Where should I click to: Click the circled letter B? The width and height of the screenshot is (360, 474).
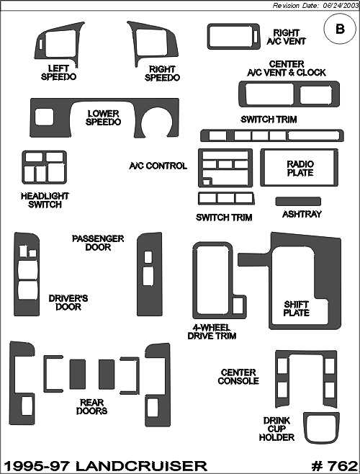click(340, 29)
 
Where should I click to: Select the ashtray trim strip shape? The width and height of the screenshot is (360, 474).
click(298, 201)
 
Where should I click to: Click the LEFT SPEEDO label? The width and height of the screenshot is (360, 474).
click(58, 73)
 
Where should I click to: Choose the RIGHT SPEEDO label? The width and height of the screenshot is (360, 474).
click(162, 73)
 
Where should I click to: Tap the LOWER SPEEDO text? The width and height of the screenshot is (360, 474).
click(103, 118)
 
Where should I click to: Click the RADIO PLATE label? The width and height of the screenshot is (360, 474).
click(300, 169)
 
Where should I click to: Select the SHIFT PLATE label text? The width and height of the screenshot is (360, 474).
click(296, 308)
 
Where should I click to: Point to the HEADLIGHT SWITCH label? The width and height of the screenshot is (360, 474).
click(45, 200)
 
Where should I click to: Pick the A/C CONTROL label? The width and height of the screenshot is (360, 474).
click(158, 166)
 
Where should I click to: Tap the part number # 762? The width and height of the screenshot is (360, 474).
click(335, 466)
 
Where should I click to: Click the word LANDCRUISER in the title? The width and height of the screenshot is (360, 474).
click(141, 466)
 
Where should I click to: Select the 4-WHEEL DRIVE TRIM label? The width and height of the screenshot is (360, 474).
click(212, 331)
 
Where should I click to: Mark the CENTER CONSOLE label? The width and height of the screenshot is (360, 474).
click(238, 377)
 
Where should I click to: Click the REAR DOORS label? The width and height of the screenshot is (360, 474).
click(91, 406)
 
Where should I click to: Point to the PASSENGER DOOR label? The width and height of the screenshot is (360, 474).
click(98, 243)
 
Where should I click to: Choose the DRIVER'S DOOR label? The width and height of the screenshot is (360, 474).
click(68, 303)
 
